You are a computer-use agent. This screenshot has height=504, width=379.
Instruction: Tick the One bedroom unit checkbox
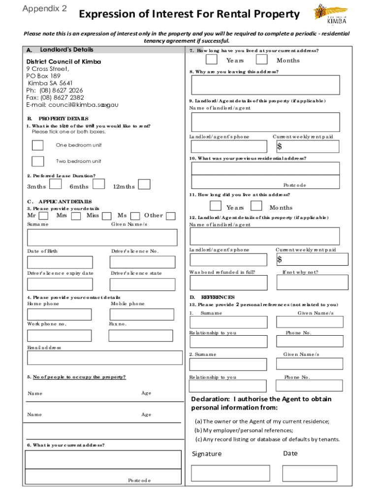(37, 145)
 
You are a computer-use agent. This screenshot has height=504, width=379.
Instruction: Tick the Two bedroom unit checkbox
(37, 161)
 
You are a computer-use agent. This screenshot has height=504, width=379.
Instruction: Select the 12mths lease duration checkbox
(144, 184)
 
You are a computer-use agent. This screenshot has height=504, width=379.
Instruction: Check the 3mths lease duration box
(56, 184)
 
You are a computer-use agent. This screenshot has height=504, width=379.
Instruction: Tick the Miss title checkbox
(107, 216)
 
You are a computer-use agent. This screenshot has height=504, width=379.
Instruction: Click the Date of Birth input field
(60, 262)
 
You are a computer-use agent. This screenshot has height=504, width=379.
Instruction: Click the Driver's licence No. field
(143, 262)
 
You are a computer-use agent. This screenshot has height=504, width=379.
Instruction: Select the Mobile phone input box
(142, 314)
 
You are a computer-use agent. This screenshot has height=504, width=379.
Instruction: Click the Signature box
(230, 473)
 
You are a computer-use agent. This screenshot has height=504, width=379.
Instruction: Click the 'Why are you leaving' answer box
(265, 85)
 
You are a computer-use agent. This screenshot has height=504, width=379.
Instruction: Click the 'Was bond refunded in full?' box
(229, 283)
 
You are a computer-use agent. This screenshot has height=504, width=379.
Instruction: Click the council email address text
(72, 105)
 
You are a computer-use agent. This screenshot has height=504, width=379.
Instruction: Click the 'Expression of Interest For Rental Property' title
(189, 14)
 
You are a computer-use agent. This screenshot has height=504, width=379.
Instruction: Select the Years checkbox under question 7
(211, 60)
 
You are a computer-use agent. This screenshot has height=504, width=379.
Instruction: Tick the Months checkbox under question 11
(256, 206)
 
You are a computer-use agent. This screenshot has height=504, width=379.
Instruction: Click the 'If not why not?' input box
(312, 283)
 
